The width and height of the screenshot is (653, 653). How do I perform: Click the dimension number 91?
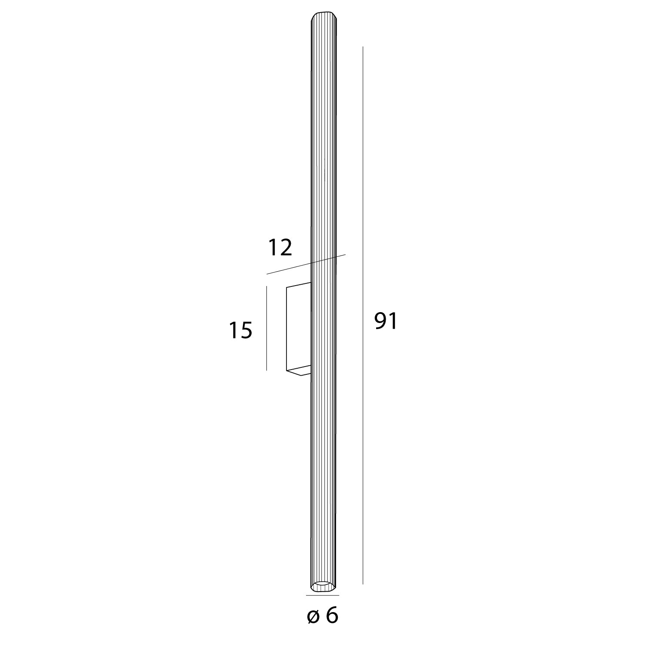386,322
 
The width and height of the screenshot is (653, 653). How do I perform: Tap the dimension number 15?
240,330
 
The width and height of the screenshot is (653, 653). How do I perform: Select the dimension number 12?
279,248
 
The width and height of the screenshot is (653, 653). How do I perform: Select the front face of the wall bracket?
298,326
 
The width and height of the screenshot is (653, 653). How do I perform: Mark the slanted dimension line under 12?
305,264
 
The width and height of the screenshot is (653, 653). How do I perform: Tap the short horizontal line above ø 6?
323,595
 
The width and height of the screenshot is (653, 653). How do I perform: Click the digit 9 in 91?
380,322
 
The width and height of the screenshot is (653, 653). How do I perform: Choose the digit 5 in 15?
246,330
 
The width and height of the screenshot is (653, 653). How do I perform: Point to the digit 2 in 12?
285,248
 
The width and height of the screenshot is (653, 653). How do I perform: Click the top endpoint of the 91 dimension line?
363,47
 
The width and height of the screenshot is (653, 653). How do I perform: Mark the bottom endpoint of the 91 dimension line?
363,584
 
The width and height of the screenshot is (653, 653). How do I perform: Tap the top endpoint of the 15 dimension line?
266,286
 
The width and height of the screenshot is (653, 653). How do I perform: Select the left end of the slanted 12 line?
267,274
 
